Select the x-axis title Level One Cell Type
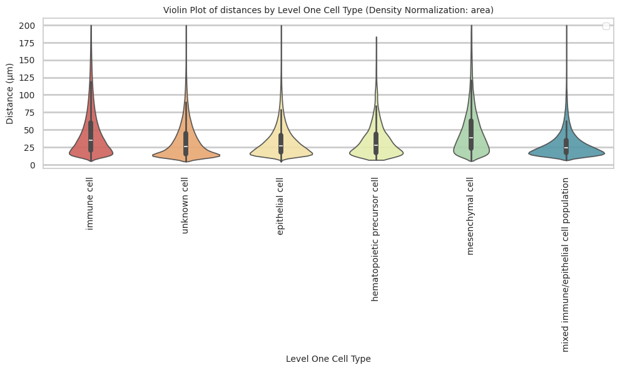328,359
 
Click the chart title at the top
328,10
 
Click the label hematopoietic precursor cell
375,239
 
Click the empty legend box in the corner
606,26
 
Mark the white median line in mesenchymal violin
470,138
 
